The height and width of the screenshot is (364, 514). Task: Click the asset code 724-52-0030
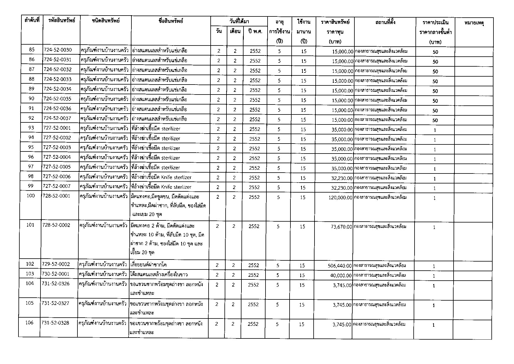point(58,50)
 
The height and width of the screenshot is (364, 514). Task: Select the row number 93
point(31,128)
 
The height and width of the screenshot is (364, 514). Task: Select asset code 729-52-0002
point(56,264)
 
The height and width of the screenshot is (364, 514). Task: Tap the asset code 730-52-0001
point(56,274)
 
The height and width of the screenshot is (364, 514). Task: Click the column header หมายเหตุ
point(474,23)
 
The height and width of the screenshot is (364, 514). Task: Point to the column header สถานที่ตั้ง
point(385,22)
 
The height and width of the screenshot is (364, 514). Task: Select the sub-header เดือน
point(235,31)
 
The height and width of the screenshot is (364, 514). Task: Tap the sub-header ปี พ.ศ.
point(255,31)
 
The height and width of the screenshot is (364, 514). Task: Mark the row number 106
point(30,323)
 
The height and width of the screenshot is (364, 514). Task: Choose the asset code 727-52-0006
point(57,176)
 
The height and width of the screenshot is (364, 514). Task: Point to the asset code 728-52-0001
point(56,196)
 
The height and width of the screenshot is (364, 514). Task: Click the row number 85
point(32,50)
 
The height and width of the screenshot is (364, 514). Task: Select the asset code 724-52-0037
point(58,118)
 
